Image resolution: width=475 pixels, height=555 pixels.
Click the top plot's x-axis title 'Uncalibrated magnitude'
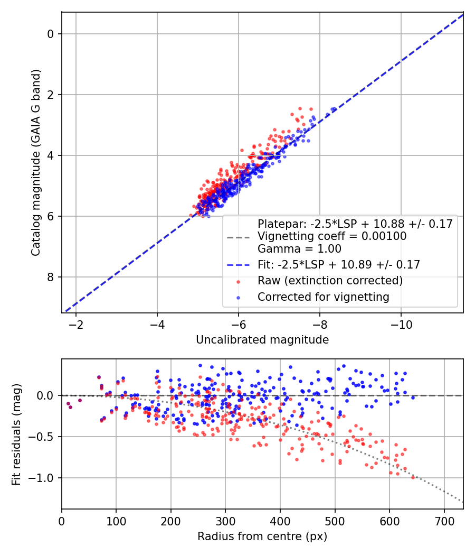(x=262, y=340)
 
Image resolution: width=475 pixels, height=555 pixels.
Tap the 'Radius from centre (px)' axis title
(x=262, y=537)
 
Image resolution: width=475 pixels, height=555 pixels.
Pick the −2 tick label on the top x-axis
(x=76, y=323)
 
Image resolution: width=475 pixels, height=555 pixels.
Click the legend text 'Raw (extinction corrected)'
(x=330, y=280)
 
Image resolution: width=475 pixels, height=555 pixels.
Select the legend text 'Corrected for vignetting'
(x=323, y=297)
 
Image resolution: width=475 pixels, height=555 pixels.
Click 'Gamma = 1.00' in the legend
(x=299, y=249)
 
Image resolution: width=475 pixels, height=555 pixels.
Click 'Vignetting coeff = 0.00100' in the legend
(x=332, y=236)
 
